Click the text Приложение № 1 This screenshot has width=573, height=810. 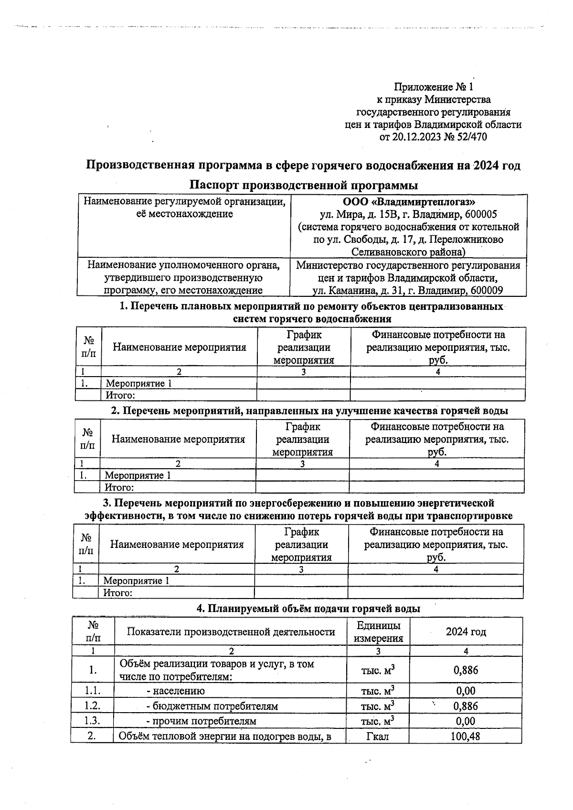pyautogui.click(x=433, y=87)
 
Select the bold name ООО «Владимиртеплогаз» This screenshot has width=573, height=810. pyautogui.click(x=409, y=202)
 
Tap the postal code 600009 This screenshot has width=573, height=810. pyautogui.click(x=486, y=290)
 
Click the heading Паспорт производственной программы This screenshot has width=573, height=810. pyautogui.click(x=303, y=185)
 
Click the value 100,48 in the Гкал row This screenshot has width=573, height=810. pyautogui.click(x=465, y=736)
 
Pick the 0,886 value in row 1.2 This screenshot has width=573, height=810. pyautogui.click(x=466, y=706)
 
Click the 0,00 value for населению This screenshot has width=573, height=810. pyautogui.click(x=466, y=691)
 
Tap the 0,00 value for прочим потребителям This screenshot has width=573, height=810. pyautogui.click(x=466, y=721)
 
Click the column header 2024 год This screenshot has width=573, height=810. pyautogui.click(x=466, y=631)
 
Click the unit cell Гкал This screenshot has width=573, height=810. pyautogui.click(x=377, y=736)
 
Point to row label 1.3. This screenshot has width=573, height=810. pyautogui.click(x=92, y=721)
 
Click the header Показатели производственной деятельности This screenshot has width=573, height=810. pyautogui.click(x=231, y=632)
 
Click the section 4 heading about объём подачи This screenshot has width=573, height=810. pyautogui.click(x=308, y=609)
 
